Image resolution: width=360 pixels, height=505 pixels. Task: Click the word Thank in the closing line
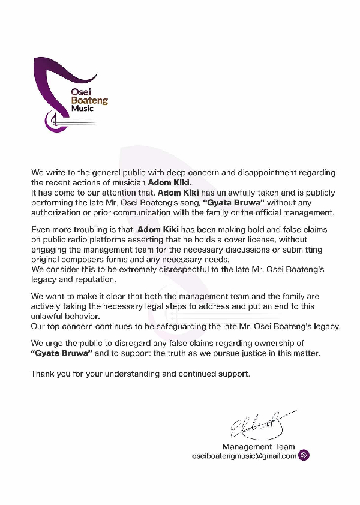pyautogui.click(x=43, y=374)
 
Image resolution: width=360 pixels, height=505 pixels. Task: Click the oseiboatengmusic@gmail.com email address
pyautogui.click(x=244, y=456)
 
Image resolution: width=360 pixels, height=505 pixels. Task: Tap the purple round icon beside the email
pyautogui.click(x=304, y=456)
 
